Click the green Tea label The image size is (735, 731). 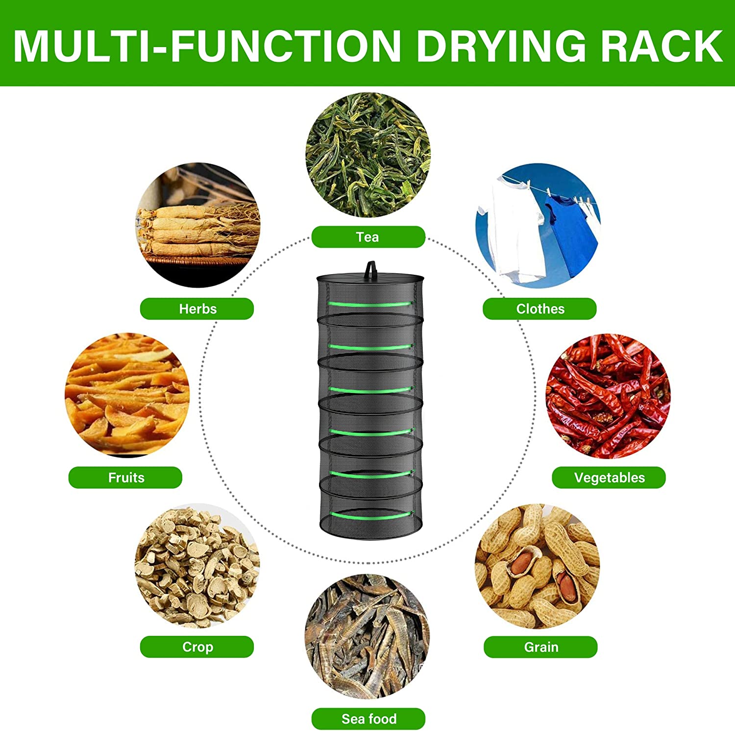tap(368, 237)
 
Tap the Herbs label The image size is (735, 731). tap(197, 309)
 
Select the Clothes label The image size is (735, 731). tap(539, 309)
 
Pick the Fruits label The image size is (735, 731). tap(125, 477)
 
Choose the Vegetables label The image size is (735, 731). tap(609, 477)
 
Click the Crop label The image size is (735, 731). tap(197, 647)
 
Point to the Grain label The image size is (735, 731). tap(540, 647)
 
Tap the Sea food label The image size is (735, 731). tap(368, 719)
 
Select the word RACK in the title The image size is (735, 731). tap(661, 46)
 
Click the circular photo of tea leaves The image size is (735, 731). tap(368, 155)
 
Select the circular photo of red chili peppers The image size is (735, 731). tap(609, 395)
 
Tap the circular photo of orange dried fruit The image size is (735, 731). tap(127, 394)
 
